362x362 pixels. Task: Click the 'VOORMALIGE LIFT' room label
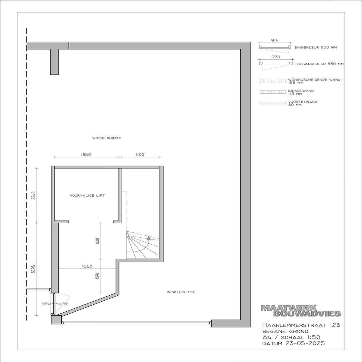(87, 195)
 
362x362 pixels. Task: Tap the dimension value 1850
(86, 155)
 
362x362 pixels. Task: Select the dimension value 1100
(140, 155)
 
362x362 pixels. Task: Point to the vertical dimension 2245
(33, 195)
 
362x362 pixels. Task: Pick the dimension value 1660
(87, 266)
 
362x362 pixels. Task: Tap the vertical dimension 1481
(97, 241)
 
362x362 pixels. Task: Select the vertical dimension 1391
(97, 276)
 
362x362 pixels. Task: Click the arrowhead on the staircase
(149, 238)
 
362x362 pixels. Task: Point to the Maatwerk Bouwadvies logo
(301, 313)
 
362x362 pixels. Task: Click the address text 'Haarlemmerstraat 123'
(301, 325)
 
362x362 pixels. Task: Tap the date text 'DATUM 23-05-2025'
(294, 343)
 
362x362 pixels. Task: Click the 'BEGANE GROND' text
(285, 331)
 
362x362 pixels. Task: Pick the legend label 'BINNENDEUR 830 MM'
(316, 47)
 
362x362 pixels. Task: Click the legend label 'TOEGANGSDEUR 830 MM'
(319, 64)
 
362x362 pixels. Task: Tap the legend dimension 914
(275, 40)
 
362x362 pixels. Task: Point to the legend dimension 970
(276, 57)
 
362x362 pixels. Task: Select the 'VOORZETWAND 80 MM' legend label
(303, 103)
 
